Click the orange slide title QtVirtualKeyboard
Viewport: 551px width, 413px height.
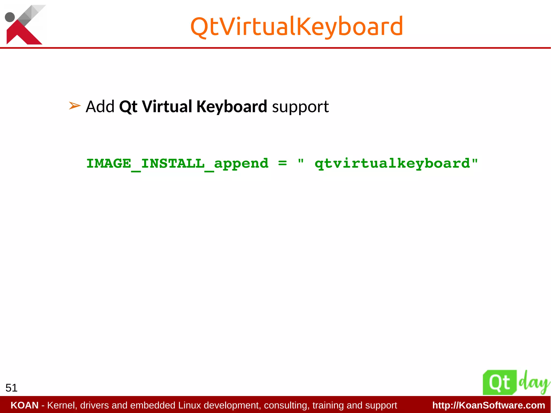point(296,26)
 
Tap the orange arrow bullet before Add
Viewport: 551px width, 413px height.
point(75,106)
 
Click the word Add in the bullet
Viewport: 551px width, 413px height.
point(100,107)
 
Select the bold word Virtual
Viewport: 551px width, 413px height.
point(167,107)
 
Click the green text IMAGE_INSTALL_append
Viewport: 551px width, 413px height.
point(177,164)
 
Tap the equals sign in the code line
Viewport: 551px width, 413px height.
point(282,163)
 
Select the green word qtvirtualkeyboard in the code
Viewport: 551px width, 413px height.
point(393,164)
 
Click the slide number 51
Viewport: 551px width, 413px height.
point(12,388)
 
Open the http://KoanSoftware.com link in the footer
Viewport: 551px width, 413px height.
point(489,405)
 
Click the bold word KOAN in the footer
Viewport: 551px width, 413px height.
point(24,405)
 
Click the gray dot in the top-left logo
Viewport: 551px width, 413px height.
point(10,17)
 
